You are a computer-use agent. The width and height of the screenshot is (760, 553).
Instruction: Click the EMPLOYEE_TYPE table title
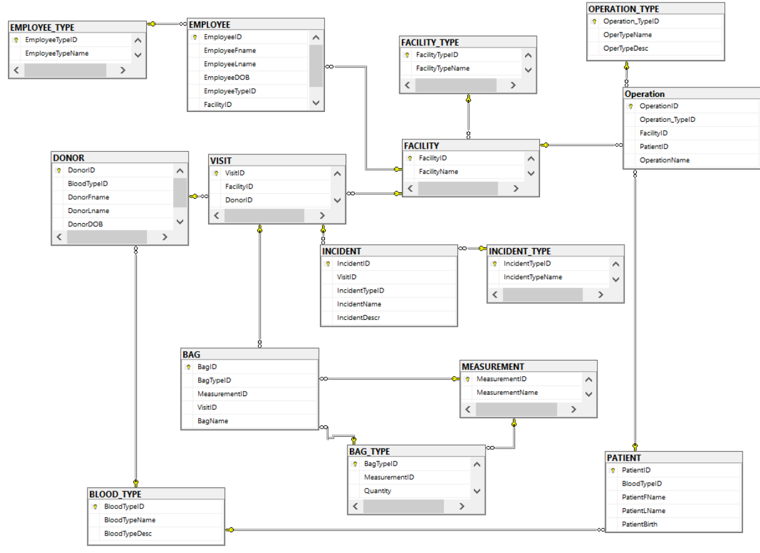pyautogui.click(x=42, y=27)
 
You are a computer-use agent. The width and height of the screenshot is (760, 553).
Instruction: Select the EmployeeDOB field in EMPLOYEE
pyautogui.click(x=226, y=77)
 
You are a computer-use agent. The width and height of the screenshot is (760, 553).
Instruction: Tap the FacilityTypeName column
pyautogui.click(x=442, y=68)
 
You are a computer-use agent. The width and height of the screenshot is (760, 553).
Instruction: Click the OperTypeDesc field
pyautogui.click(x=625, y=48)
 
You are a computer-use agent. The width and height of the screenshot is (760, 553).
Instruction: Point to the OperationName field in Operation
pyautogui.click(x=664, y=160)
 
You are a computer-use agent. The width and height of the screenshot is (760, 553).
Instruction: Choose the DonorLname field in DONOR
pyautogui.click(x=88, y=211)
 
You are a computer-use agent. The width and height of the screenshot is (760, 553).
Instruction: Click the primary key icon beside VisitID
pyautogui.click(x=216, y=173)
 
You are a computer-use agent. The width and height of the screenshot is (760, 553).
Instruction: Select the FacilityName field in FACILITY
pyautogui.click(x=438, y=172)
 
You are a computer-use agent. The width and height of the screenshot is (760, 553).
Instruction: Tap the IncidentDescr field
pyautogui.click(x=358, y=317)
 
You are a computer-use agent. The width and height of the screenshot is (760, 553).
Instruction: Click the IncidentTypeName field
pyautogui.click(x=532, y=277)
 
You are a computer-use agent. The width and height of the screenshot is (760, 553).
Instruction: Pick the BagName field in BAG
pyautogui.click(x=212, y=421)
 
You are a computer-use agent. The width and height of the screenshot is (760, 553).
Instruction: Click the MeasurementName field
pyautogui.click(x=507, y=392)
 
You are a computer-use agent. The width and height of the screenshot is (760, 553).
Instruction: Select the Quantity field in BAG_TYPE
pyautogui.click(x=377, y=491)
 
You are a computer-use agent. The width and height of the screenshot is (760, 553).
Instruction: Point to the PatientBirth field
pyautogui.click(x=639, y=524)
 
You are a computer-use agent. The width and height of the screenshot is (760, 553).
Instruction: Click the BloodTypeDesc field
pyautogui.click(x=127, y=534)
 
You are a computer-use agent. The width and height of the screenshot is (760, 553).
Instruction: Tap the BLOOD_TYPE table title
pyautogui.click(x=115, y=494)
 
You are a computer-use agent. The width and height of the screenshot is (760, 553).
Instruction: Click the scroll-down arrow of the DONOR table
pyautogui.click(x=180, y=222)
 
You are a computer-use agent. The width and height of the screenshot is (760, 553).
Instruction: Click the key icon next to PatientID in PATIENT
pyautogui.click(x=612, y=471)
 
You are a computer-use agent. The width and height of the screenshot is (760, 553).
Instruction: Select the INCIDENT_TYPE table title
pyautogui.click(x=519, y=251)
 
